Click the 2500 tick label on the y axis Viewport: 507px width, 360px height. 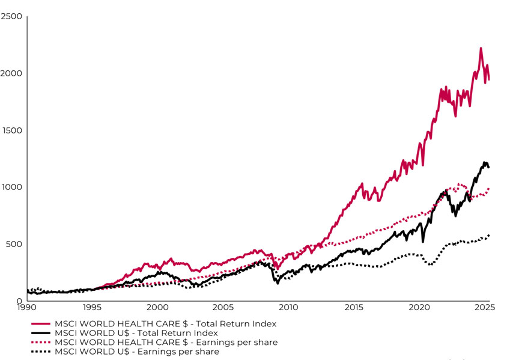click(x=11, y=16)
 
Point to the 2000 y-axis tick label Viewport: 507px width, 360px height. click(x=11, y=73)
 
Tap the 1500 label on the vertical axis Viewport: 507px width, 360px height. click(x=11, y=130)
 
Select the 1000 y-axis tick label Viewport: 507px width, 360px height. click(x=11, y=187)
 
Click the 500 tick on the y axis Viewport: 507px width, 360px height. click(x=13, y=244)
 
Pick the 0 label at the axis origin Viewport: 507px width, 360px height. click(x=20, y=301)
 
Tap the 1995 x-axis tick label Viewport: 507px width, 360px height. click(x=91, y=307)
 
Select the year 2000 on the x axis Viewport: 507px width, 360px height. click(x=157, y=307)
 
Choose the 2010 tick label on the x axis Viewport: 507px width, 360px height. click(x=288, y=307)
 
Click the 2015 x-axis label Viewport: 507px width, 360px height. click(x=354, y=307)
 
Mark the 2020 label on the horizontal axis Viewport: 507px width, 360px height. click(x=419, y=307)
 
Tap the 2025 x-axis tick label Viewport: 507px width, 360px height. click(x=485, y=307)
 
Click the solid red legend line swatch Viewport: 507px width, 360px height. click(x=41, y=324)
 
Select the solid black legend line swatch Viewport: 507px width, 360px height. click(x=41, y=333)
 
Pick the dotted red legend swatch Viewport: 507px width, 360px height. click(x=41, y=343)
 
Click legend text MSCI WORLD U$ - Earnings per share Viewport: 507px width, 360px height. click(x=137, y=352)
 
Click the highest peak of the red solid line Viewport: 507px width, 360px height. click(x=481, y=48)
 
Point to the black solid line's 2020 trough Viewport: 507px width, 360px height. click(x=423, y=242)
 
